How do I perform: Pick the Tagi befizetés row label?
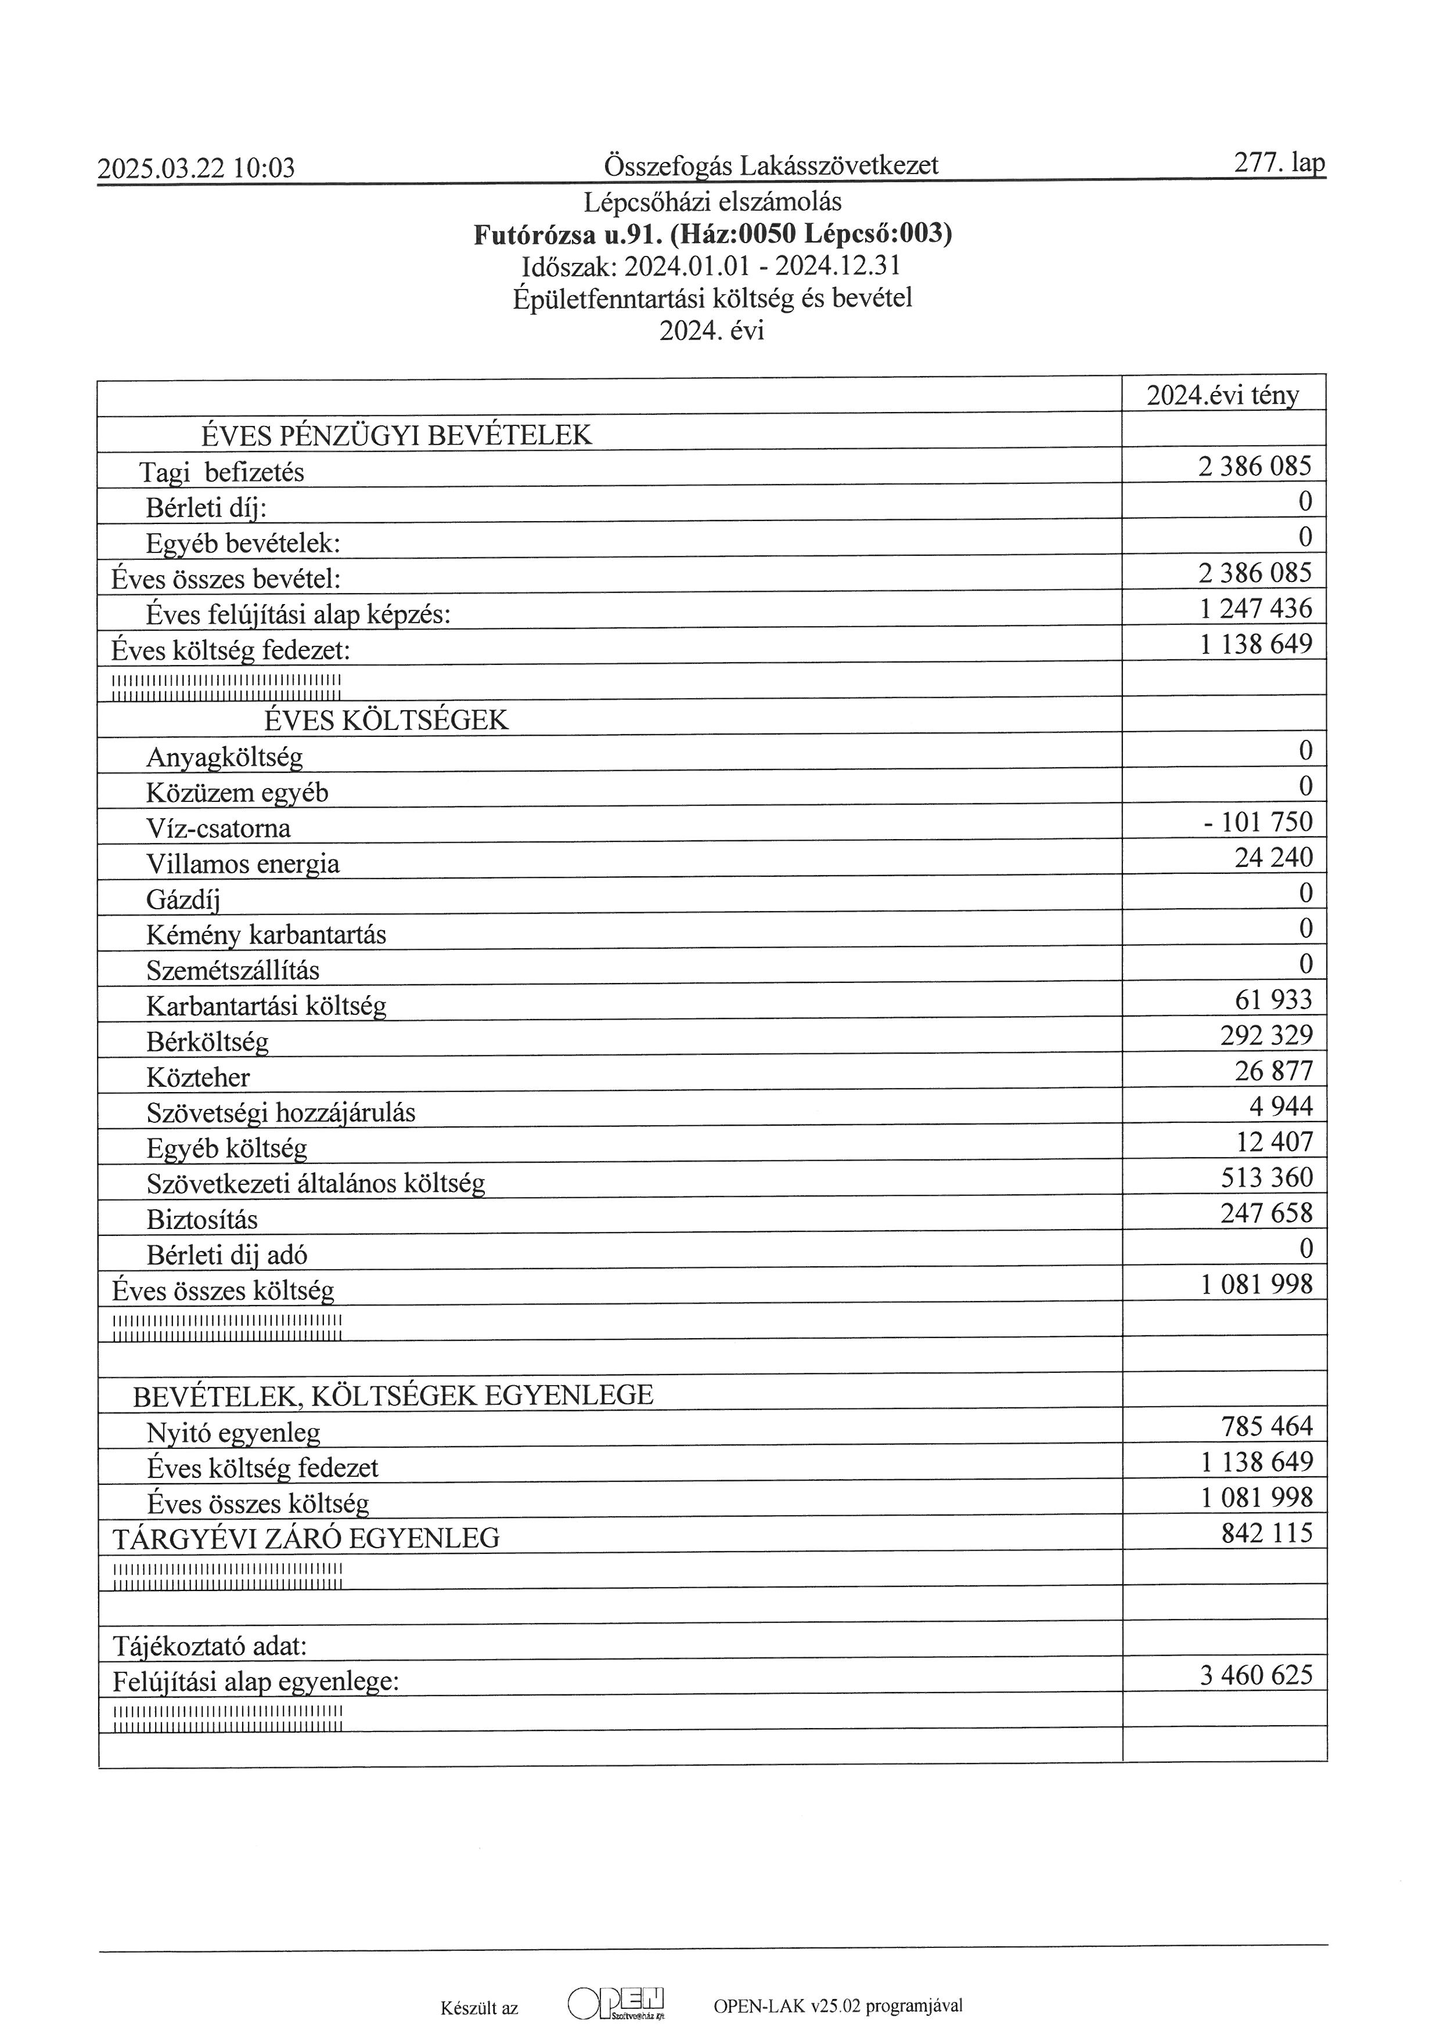coord(222,472)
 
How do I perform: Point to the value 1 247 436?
coord(1255,609)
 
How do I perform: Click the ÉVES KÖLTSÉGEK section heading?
coord(387,720)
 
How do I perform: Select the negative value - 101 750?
coord(1257,822)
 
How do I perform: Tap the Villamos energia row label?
coord(243,863)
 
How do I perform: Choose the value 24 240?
coord(1273,857)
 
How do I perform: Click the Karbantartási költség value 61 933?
coord(1273,1000)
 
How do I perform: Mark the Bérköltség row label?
coord(207,1042)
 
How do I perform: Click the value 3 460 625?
coord(1255,1675)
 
